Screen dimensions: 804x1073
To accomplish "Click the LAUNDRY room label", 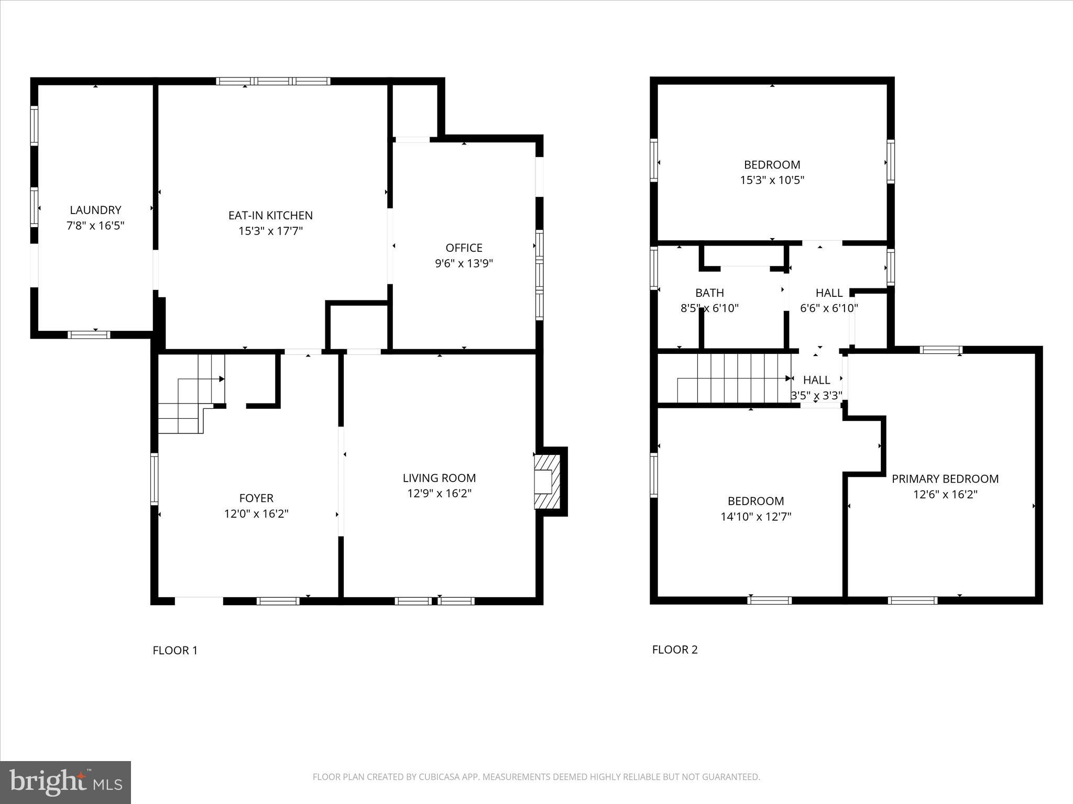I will (x=95, y=210).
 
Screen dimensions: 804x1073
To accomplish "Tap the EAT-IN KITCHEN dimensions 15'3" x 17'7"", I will (x=270, y=231).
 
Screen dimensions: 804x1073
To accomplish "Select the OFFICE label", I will (x=464, y=248).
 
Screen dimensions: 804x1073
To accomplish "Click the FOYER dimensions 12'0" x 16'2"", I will (x=256, y=513).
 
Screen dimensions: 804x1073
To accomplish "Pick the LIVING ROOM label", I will (x=439, y=478).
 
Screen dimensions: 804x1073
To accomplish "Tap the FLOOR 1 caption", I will (x=175, y=651).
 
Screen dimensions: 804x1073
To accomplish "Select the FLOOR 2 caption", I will (x=675, y=650).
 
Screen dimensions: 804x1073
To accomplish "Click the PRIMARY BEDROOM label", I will (x=945, y=479).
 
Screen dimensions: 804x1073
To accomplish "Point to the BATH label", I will (x=709, y=293).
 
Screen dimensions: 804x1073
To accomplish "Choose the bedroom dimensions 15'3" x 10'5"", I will (x=772, y=180).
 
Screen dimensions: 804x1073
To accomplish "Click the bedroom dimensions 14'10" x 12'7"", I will (x=756, y=517).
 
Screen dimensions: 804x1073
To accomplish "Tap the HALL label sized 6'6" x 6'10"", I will (x=829, y=293).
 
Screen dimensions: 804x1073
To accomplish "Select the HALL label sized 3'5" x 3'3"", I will (x=816, y=380).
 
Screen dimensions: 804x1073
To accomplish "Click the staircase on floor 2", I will (x=733, y=378).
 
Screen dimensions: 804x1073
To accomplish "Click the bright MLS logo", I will (x=65, y=782).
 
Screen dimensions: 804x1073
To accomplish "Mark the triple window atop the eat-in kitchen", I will (x=273, y=81).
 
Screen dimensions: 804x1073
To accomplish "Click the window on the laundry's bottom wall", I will (x=89, y=334).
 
